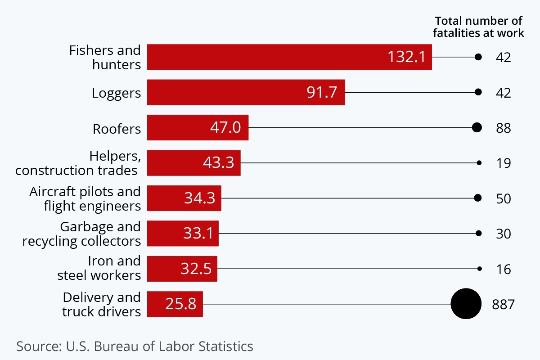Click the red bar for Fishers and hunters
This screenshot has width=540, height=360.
tap(265, 57)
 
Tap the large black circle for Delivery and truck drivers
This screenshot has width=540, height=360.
tap(466, 304)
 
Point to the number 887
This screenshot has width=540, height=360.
tap(503, 305)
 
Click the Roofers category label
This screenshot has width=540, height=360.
tap(117, 129)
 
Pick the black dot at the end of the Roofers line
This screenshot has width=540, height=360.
tap(477, 127)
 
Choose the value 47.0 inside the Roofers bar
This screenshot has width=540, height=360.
tap(225, 127)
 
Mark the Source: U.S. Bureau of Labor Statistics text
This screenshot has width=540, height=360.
tap(135, 346)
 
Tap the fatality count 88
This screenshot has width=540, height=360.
tap(504, 128)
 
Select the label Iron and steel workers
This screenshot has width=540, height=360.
tap(99, 268)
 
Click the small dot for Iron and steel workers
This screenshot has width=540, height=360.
tap(480, 269)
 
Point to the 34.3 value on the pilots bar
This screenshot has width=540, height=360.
tap(200, 198)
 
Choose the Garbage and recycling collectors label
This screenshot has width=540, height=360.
tap(81, 234)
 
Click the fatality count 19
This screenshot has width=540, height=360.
tap(504, 163)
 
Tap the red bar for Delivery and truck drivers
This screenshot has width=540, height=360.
tap(175, 304)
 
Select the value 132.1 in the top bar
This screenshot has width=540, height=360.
tap(406, 57)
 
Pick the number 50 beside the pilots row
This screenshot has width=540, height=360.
tap(504, 198)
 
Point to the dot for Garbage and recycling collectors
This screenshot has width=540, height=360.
tap(479, 233)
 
